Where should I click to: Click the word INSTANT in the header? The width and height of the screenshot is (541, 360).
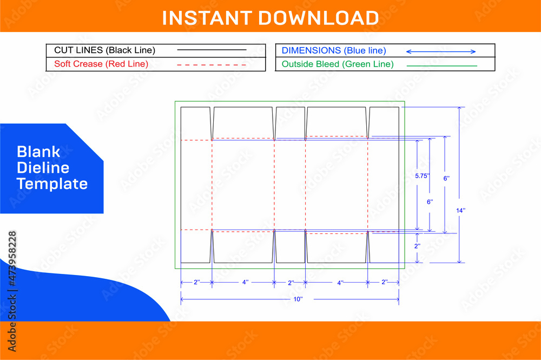click(207, 18)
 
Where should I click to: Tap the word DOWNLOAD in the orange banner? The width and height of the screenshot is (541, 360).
click(318, 18)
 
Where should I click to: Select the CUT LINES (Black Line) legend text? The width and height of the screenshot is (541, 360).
click(104, 50)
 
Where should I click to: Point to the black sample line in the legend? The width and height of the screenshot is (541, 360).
click(212, 50)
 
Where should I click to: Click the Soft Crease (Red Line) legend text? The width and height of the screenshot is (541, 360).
click(101, 64)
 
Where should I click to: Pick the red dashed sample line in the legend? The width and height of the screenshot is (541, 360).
click(212, 64)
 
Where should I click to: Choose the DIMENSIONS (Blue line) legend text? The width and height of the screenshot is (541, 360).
click(334, 50)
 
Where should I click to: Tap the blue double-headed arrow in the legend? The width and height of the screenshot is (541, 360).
click(440, 51)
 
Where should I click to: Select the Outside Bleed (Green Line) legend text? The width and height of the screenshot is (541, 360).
click(338, 64)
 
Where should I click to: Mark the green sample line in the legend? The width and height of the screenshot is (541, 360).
click(441, 66)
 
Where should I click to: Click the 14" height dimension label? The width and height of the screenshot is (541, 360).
click(460, 210)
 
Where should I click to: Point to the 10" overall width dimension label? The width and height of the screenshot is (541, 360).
click(298, 299)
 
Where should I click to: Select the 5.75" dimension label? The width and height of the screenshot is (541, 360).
click(422, 176)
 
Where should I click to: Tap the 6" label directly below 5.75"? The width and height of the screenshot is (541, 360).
click(430, 201)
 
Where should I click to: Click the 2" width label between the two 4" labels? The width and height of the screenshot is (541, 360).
click(291, 283)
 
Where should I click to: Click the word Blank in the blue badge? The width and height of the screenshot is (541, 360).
click(38, 152)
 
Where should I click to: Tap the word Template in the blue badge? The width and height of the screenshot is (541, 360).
click(52, 184)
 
